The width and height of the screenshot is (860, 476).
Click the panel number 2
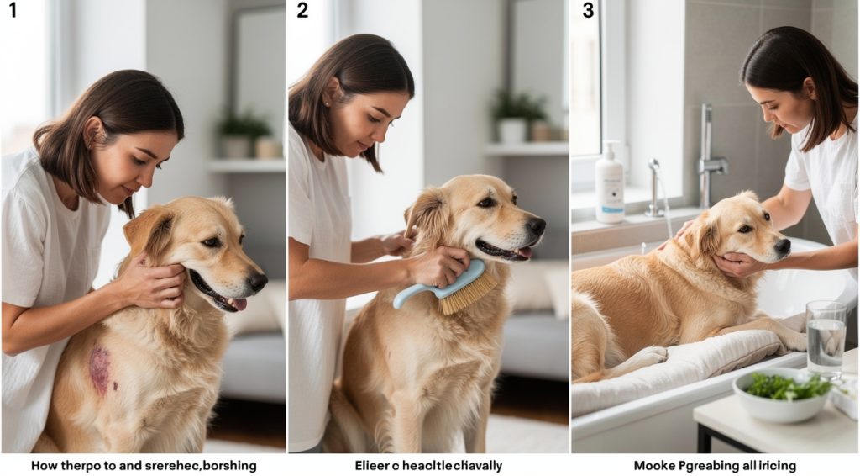pos(302,11)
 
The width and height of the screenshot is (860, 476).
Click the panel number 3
pos(588,11)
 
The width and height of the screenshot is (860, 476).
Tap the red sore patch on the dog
pos(100,369)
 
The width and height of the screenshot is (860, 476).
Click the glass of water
pos(825,336)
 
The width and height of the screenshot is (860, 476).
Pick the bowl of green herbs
pos(780,394)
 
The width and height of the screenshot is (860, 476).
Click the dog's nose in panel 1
pos(257,281)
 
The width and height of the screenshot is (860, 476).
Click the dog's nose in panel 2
pos(536,225)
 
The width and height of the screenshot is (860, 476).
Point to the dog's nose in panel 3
pos(782,246)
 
